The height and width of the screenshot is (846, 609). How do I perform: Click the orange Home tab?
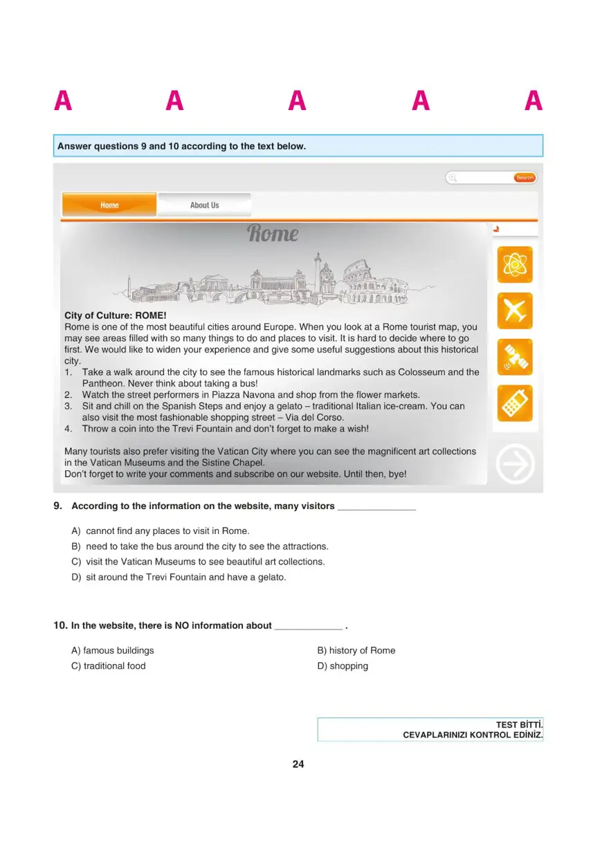click(x=109, y=205)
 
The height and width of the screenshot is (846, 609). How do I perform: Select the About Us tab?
click(x=204, y=205)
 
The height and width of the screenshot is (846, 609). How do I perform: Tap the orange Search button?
click(x=525, y=178)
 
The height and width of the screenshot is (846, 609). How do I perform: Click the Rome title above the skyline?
click(x=273, y=233)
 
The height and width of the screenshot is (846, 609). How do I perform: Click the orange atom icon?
click(x=515, y=264)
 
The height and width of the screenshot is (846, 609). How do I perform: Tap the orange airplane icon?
click(x=515, y=311)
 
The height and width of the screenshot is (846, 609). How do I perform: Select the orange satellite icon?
click(x=515, y=357)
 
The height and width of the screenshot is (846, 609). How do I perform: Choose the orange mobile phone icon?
click(x=515, y=403)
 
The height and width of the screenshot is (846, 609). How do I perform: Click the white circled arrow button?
click(x=516, y=463)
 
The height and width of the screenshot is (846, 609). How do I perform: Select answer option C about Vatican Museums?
click(x=198, y=562)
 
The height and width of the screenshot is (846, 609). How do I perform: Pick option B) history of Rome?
click(x=356, y=650)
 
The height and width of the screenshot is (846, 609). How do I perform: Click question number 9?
click(x=58, y=506)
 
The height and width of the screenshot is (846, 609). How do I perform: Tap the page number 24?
click(x=298, y=764)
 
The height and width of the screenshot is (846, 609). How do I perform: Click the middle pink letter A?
click(x=298, y=102)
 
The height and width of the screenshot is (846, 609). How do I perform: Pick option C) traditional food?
click(x=109, y=666)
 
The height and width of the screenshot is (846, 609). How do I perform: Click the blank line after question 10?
click(x=308, y=627)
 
